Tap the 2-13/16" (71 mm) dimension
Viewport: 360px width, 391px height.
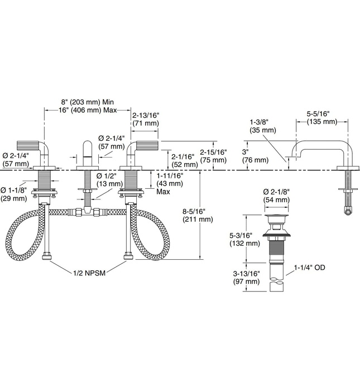coord(145,118)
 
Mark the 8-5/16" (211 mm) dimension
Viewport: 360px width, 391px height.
coord(197,216)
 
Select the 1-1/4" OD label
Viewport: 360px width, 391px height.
coord(310,268)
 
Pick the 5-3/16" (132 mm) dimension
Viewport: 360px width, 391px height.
coord(245,239)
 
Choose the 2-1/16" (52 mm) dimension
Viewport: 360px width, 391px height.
coord(184,160)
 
